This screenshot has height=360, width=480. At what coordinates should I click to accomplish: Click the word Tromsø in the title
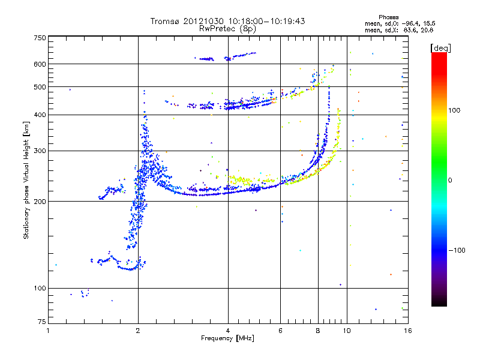165,21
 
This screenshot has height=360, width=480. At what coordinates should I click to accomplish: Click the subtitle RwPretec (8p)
227,29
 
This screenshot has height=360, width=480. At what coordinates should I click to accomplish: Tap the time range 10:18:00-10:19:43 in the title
266,21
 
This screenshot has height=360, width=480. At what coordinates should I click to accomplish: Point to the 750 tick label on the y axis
40,38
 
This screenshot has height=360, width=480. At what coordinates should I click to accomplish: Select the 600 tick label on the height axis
40,64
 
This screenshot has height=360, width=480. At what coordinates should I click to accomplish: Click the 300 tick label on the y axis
40,151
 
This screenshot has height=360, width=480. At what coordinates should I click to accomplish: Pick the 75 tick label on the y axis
42,322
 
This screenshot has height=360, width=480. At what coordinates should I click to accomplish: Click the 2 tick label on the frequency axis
138,331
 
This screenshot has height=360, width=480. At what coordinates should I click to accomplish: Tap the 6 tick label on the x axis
280,331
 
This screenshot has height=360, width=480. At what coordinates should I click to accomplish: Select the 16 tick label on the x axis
408,331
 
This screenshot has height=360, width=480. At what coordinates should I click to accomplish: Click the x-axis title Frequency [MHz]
227,338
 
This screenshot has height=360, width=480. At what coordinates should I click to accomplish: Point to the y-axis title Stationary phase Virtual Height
26,181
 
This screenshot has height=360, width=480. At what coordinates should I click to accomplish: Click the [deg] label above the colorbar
440,48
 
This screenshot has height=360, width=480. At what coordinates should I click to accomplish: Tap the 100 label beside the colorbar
454,110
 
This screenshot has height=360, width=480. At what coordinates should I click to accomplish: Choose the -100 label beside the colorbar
457,250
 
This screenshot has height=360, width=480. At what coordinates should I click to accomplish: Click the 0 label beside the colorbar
450,181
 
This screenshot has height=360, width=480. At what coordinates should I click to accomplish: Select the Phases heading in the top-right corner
388,17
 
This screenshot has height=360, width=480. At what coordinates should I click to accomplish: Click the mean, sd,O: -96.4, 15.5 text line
400,23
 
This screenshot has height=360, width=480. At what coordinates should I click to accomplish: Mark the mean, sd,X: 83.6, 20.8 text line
399,30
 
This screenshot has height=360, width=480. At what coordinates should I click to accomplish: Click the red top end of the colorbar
439,54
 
